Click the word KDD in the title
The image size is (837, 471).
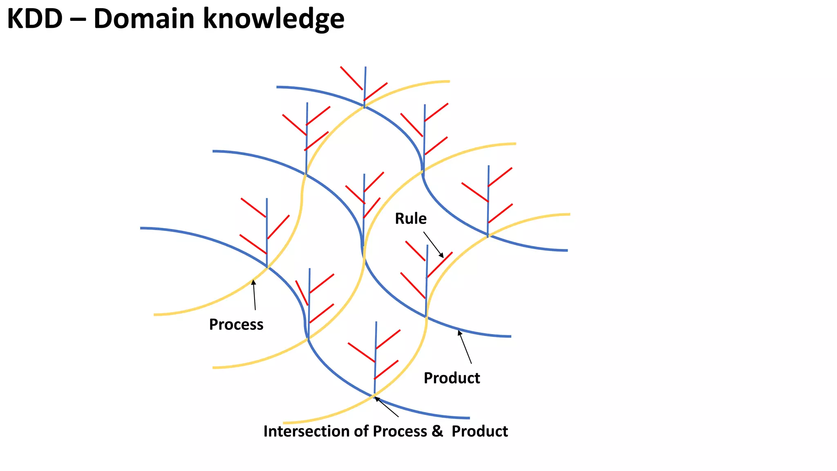click(x=35, y=19)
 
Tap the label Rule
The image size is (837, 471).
click(x=410, y=219)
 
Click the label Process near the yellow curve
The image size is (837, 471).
click(x=236, y=325)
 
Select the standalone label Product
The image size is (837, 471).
click(x=452, y=378)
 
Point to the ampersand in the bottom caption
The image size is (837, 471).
click(x=437, y=431)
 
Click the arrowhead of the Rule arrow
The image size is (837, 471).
click(x=441, y=256)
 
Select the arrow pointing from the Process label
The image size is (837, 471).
click(x=254, y=295)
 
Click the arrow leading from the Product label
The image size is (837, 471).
click(x=465, y=348)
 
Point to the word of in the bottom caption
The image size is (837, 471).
click(x=361, y=431)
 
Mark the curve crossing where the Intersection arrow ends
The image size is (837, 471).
click(x=374, y=395)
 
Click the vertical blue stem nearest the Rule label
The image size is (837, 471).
click(x=427, y=282)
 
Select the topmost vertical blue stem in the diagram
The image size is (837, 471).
click(x=365, y=86)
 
